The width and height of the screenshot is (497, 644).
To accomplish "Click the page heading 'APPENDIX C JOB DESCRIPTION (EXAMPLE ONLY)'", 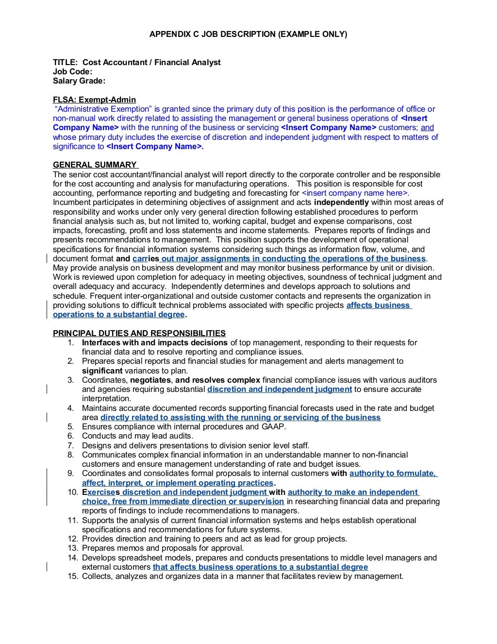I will tap(248, 34).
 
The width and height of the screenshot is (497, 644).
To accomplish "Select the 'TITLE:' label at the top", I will tap(65, 62).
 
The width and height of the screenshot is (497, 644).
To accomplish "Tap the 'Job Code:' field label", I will tap(72, 71).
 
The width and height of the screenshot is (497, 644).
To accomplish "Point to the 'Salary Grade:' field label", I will tap(79, 81).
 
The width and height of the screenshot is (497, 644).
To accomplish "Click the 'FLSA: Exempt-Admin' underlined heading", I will tap(94, 100).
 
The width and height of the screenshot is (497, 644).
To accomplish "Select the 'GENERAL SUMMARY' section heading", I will tap(95, 165).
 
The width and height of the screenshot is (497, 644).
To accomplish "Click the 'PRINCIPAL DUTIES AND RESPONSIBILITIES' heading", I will tap(139, 333).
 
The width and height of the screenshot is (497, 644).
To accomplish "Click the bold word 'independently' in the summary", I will tap(341, 202).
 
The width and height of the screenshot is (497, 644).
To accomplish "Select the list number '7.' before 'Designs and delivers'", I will tap(71, 445).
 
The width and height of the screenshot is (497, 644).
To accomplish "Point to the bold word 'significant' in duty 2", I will tap(102, 371).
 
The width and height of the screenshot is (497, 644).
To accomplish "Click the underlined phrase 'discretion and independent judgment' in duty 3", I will tap(280, 389).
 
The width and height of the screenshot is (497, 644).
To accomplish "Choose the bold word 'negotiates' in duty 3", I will tap(150, 380).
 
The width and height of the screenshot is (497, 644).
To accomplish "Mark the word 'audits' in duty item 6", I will tap(182, 436).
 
